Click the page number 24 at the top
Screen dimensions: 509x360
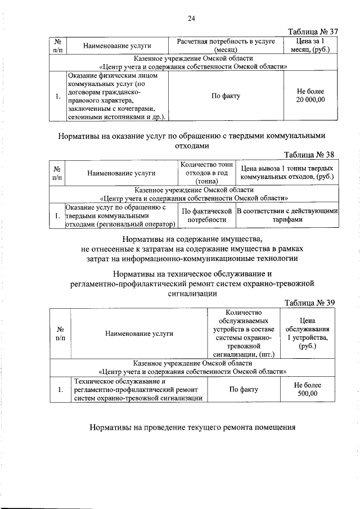[191, 19]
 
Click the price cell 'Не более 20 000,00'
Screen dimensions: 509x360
[310, 96]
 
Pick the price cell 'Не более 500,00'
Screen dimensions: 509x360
[307, 389]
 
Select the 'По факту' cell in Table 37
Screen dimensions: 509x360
[226, 96]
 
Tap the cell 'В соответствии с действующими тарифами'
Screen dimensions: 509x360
[287, 215]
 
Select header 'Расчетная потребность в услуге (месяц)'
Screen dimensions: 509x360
[226, 46]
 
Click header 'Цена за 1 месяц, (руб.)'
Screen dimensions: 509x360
[310, 46]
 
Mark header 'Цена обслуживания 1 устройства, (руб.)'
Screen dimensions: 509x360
[307, 333]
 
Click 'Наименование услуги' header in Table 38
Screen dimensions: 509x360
[121, 173]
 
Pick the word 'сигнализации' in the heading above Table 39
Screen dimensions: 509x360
[192, 293]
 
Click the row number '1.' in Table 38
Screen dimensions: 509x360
[58, 215]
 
